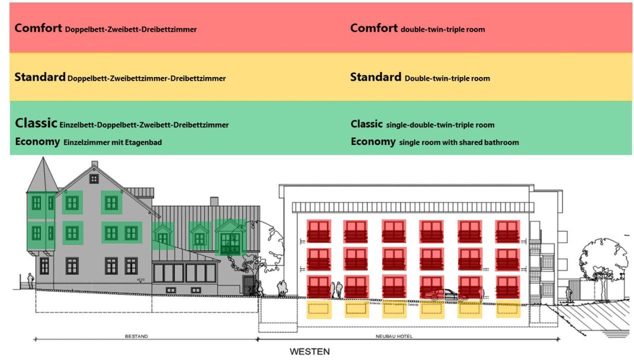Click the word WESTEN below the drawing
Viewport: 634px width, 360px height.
(x=310, y=351)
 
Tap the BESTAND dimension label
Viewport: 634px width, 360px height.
(x=136, y=336)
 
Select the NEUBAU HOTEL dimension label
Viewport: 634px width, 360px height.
(x=394, y=336)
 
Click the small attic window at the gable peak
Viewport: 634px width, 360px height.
(x=94, y=178)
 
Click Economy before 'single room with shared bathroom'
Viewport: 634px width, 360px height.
(x=373, y=141)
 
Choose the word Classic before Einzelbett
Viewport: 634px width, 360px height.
(x=36, y=123)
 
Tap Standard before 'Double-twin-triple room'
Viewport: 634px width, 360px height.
(x=375, y=77)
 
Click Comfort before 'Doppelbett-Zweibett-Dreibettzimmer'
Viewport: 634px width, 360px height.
(x=38, y=28)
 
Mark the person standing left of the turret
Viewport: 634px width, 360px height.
(x=31, y=280)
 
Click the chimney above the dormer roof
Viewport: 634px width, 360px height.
(x=214, y=201)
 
